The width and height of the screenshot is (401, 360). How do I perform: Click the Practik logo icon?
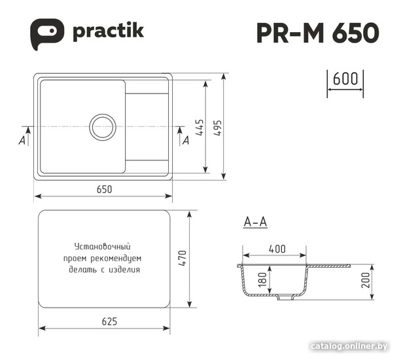point(47,34)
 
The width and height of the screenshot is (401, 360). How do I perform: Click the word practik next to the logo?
point(108,32)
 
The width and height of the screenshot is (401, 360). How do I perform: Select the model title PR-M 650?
point(318,33)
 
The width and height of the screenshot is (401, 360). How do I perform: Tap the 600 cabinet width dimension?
point(345,79)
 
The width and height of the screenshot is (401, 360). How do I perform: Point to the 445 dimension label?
point(200,127)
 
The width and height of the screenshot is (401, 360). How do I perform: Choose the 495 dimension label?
point(218,128)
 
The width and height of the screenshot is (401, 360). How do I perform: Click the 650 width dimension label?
point(105,189)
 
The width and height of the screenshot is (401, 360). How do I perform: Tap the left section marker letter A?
point(22,140)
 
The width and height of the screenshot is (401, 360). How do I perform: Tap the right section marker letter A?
point(186,140)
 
